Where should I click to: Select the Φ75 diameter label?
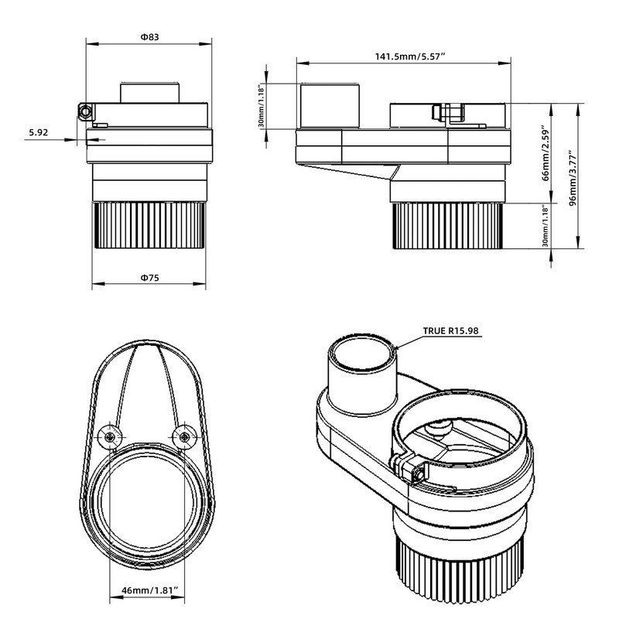(x=149, y=278)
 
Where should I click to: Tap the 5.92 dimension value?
(x=39, y=133)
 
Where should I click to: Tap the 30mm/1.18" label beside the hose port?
(x=261, y=107)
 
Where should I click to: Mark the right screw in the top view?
(x=183, y=437)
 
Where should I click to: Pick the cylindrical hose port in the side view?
(x=330, y=106)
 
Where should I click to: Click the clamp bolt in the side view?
(x=450, y=113)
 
